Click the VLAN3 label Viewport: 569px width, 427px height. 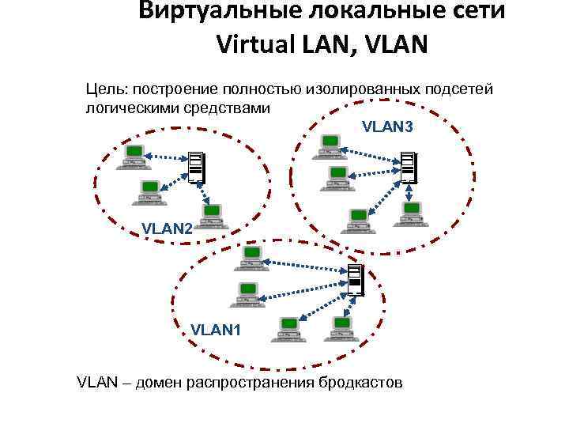pos(387,126)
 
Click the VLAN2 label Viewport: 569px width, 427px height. pos(166,229)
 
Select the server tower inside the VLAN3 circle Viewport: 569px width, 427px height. pos(407,167)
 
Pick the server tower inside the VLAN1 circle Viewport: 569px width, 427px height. pos(356,280)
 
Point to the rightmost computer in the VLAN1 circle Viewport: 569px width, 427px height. pos(341,327)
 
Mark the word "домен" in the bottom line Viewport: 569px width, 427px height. pos(158,384)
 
